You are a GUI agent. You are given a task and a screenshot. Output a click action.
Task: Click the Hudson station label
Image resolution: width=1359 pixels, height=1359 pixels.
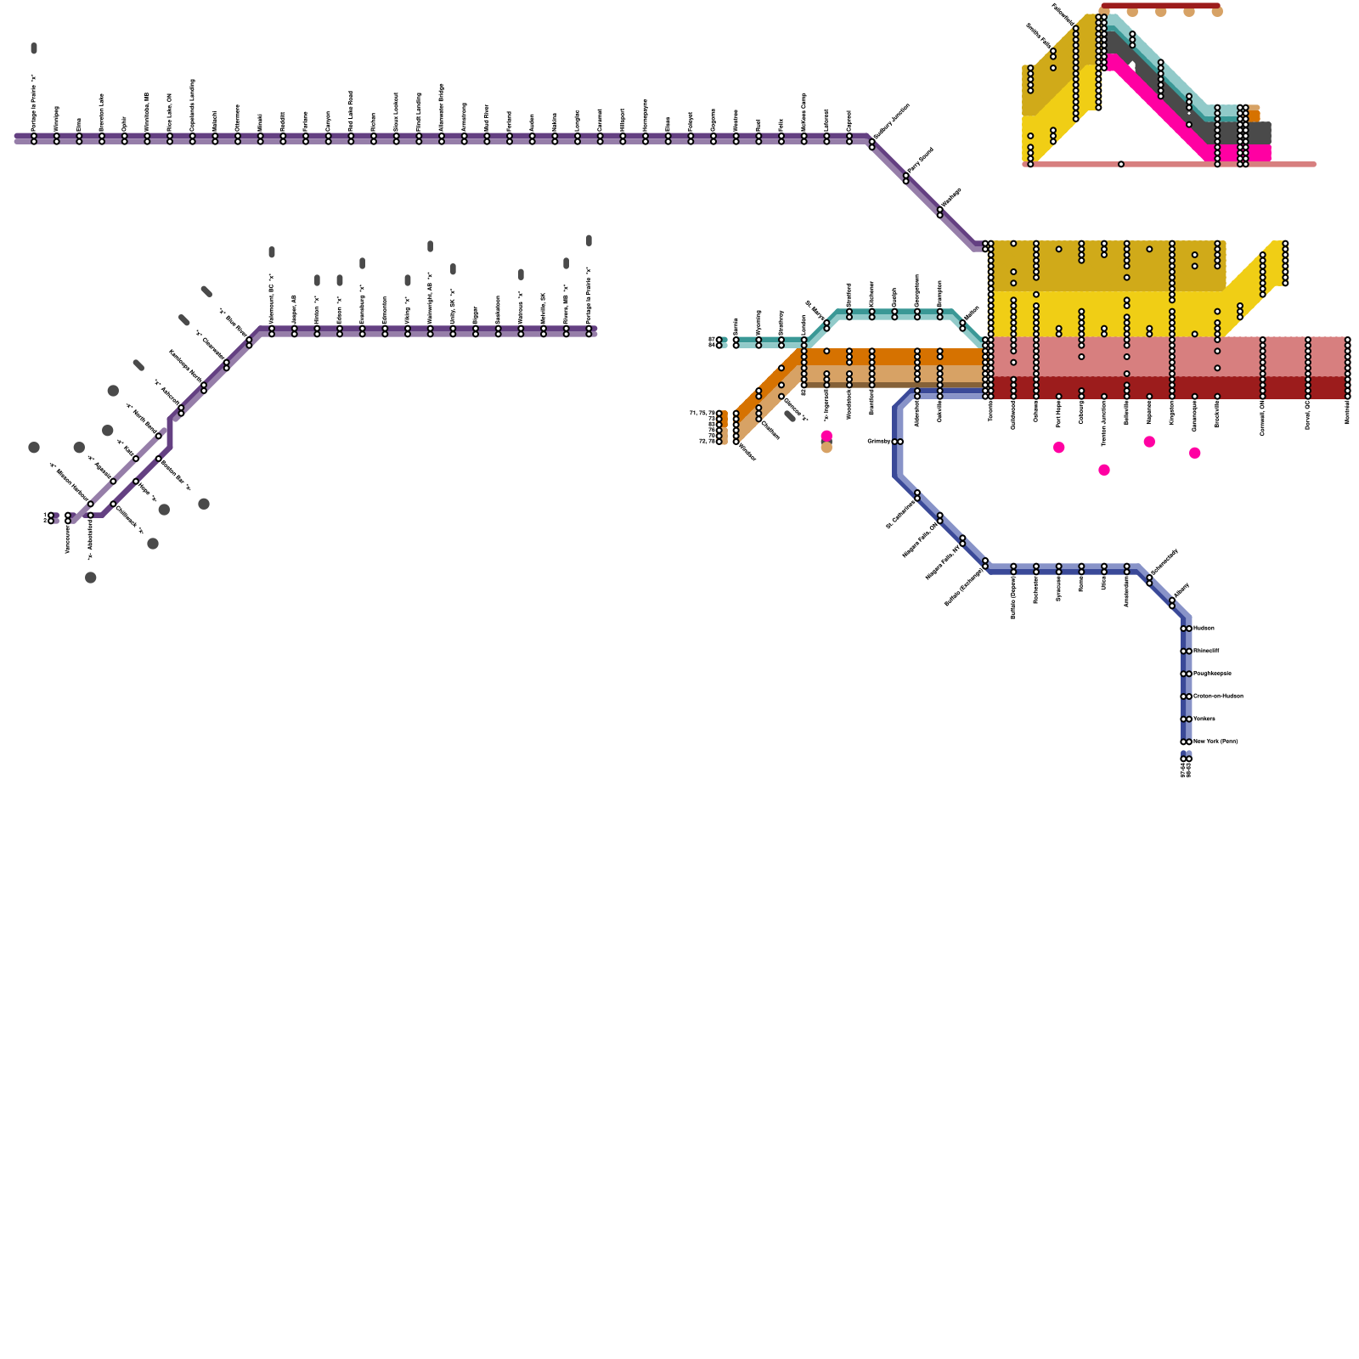coord(1204,629)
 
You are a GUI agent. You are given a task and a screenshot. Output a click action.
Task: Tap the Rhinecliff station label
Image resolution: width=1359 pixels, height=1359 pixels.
coord(1206,651)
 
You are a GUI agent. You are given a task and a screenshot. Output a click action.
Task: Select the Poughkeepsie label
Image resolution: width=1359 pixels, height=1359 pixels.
coord(1212,674)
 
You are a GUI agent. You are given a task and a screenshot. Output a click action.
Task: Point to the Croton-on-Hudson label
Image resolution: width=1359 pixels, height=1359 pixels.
coord(1218,696)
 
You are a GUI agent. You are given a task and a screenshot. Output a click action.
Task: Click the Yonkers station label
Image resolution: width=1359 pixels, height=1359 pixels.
coord(1204,719)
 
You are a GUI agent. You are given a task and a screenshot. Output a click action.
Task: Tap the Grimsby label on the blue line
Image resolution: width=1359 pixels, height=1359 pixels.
coord(879,442)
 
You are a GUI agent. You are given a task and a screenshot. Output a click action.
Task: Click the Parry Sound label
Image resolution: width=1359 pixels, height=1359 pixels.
coord(921,161)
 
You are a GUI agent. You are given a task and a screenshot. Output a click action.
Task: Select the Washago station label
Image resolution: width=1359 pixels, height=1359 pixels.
coord(952,198)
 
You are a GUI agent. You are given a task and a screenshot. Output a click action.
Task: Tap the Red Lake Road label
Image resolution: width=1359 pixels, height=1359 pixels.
coord(351,109)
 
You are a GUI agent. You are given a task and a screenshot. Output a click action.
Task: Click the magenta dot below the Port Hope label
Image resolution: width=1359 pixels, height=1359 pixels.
coord(1059,448)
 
